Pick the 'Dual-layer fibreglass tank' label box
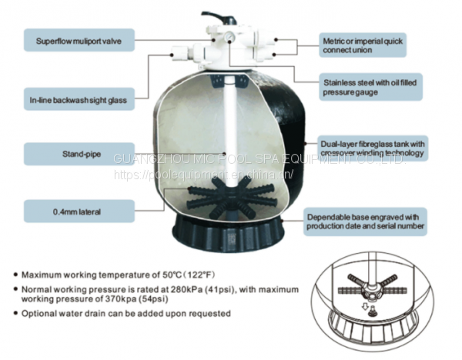click(x=372, y=148)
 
